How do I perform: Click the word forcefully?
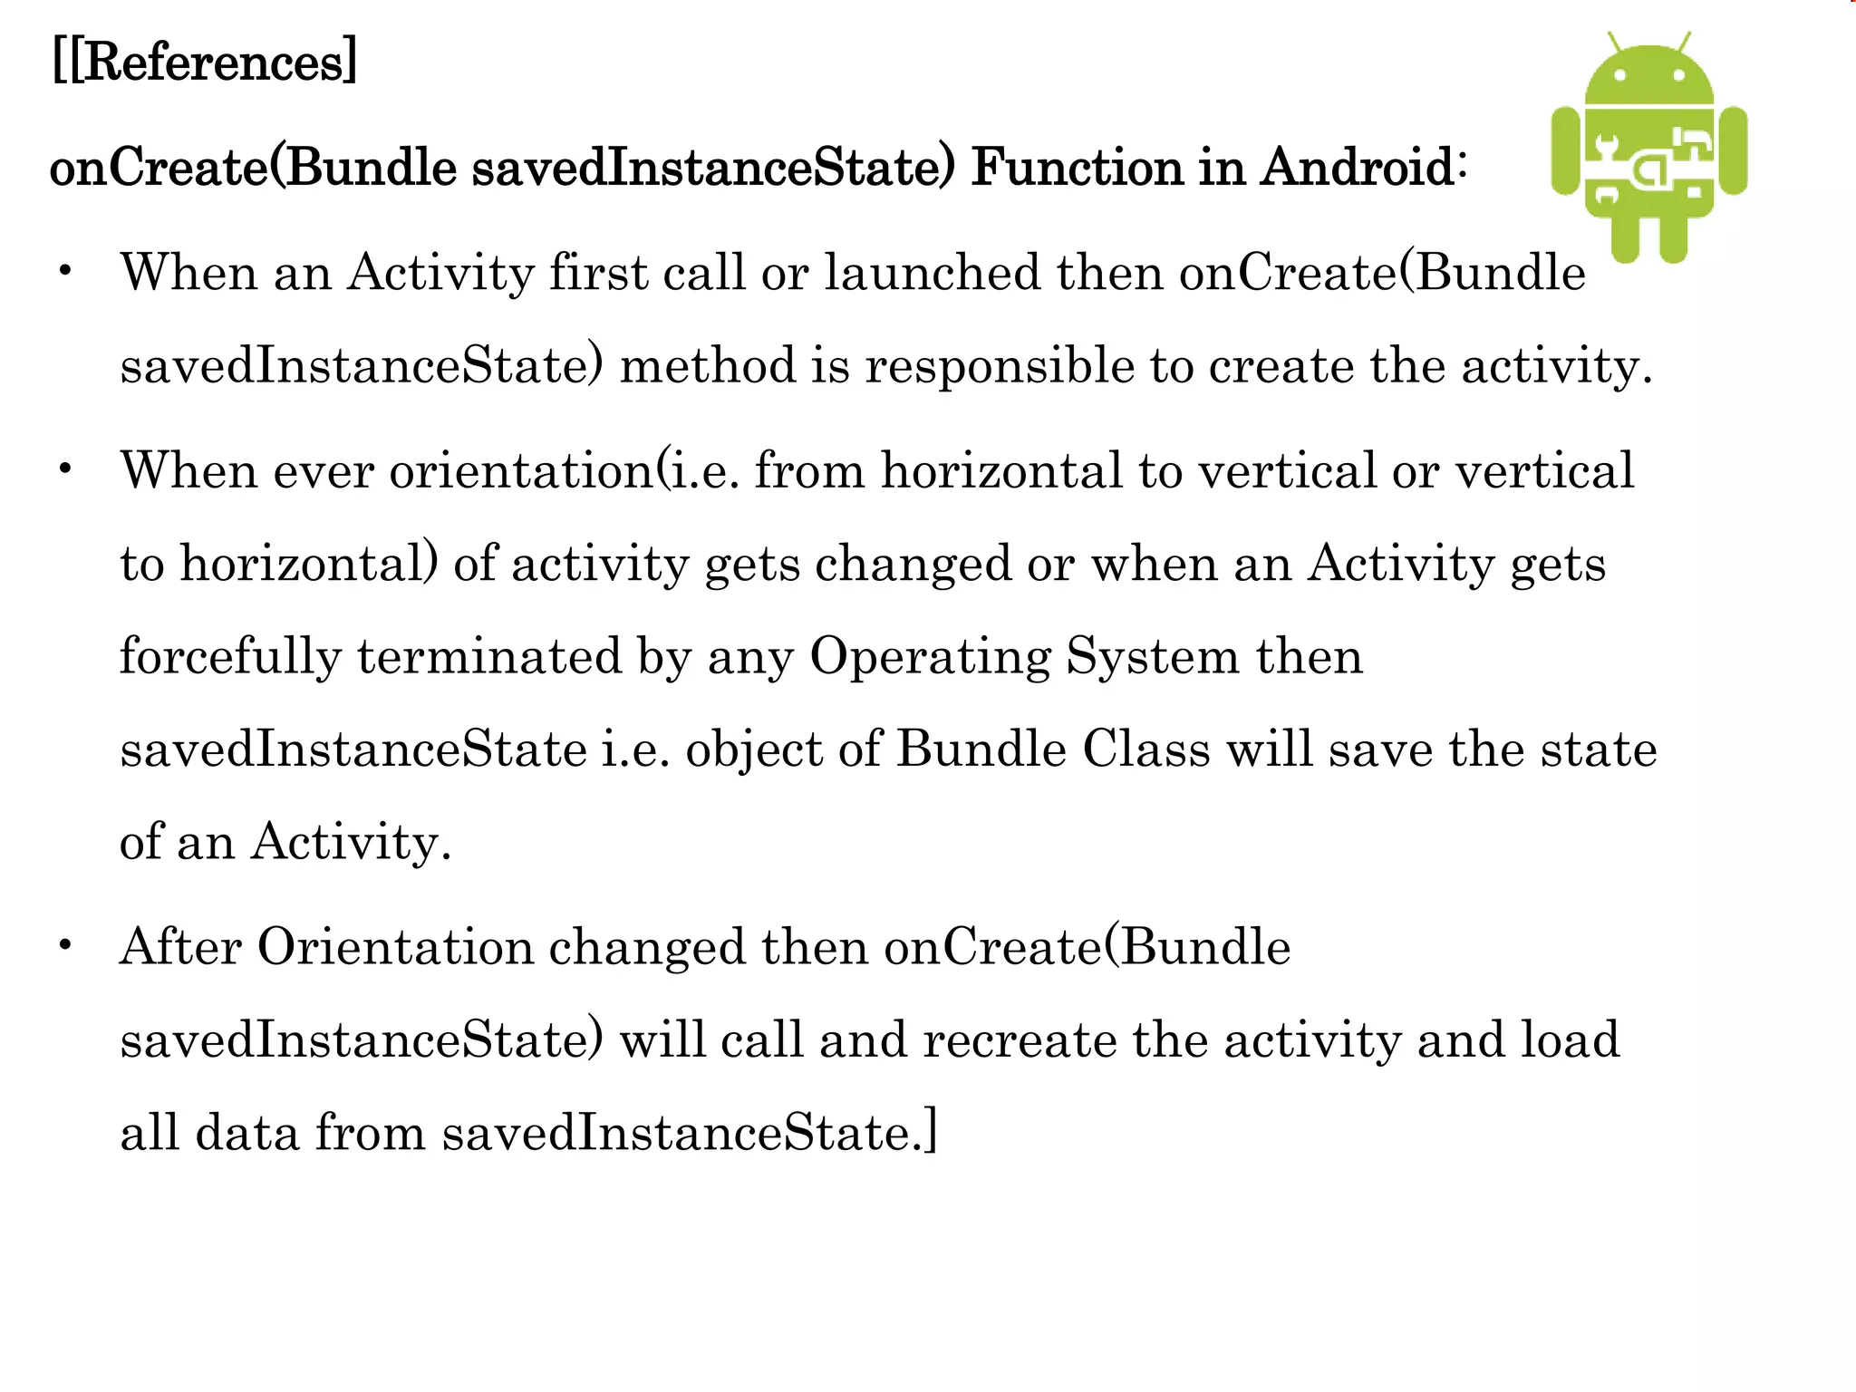coord(231,656)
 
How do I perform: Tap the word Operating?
coord(930,656)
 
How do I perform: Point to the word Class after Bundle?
coord(1145,749)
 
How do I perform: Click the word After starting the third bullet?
coord(180,946)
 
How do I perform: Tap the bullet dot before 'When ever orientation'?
coord(64,469)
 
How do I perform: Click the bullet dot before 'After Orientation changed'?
coord(64,945)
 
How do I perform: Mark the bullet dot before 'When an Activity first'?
coord(64,271)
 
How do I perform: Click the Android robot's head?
coord(1649,77)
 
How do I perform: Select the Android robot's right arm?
coord(1733,150)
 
